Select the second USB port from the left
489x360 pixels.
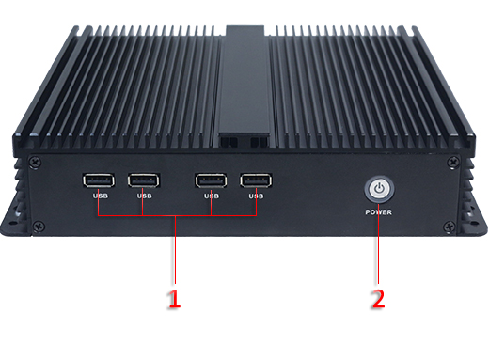point(144,180)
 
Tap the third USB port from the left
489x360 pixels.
point(211,180)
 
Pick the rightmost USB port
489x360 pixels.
point(255,180)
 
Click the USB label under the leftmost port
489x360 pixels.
point(100,196)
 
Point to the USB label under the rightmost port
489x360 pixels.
point(255,196)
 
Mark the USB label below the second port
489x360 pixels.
point(144,196)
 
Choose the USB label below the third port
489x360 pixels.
point(211,196)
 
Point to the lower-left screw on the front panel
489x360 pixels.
point(38,227)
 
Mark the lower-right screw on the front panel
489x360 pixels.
point(450,227)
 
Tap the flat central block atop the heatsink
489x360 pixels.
point(244,85)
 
